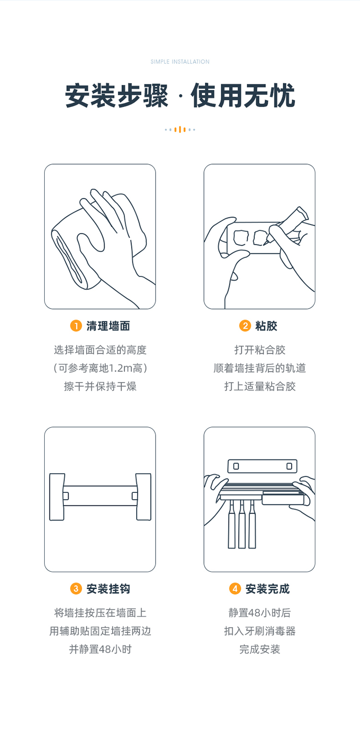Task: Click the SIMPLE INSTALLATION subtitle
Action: click(180, 61)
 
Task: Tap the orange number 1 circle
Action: click(76, 325)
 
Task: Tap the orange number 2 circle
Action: click(245, 325)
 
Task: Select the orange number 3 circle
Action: click(76, 588)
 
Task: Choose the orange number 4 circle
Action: click(235, 588)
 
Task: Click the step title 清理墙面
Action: click(108, 326)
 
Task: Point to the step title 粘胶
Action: click(266, 326)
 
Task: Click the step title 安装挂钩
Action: click(108, 589)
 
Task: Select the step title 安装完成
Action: click(267, 589)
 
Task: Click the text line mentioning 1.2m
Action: click(100, 368)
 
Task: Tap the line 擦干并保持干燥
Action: click(100, 386)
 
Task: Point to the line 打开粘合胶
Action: click(260, 350)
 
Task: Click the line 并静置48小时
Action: click(100, 649)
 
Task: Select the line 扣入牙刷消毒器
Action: click(260, 631)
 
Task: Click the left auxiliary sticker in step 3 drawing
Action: click(57, 497)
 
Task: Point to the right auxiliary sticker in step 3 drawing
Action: click(144, 497)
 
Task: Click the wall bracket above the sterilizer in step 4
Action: click(262, 466)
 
